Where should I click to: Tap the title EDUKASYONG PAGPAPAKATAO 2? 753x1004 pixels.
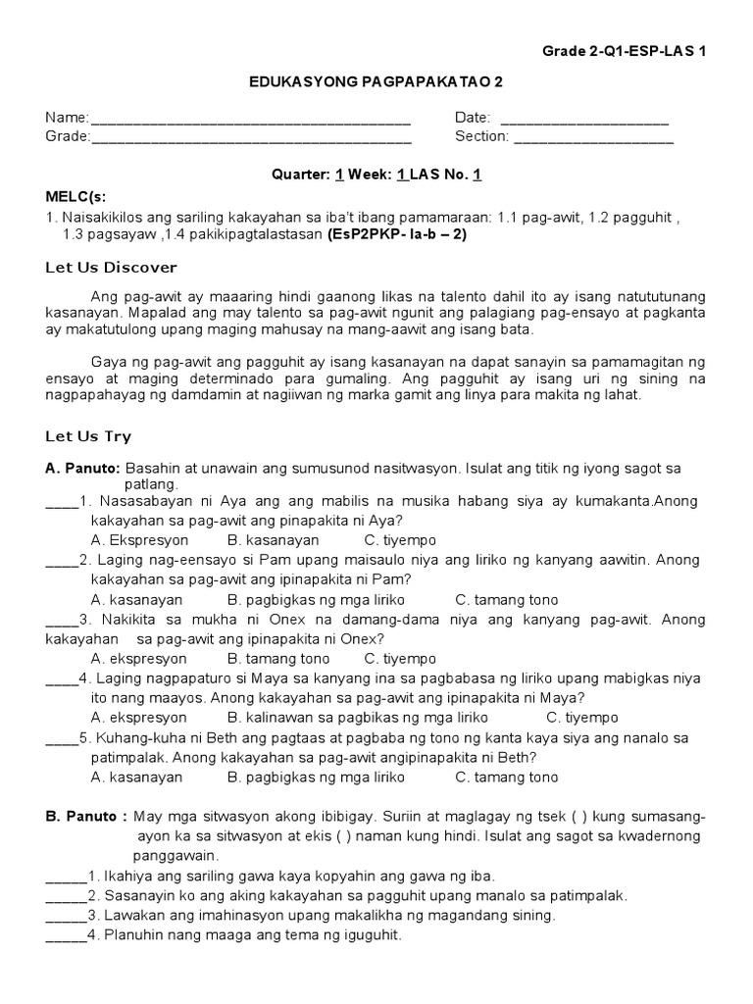(376, 85)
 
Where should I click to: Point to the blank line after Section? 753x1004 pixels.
(593, 138)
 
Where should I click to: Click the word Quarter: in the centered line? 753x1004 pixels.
(300, 175)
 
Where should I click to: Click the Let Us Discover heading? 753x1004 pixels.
(111, 268)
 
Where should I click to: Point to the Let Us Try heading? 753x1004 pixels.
(88, 436)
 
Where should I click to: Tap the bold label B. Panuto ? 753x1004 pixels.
(85, 818)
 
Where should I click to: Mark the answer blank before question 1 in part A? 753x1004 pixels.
(61, 502)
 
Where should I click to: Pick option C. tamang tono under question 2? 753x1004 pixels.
(507, 599)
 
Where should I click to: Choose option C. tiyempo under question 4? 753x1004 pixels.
(582, 718)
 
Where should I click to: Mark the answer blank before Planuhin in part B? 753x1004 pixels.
(65, 936)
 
